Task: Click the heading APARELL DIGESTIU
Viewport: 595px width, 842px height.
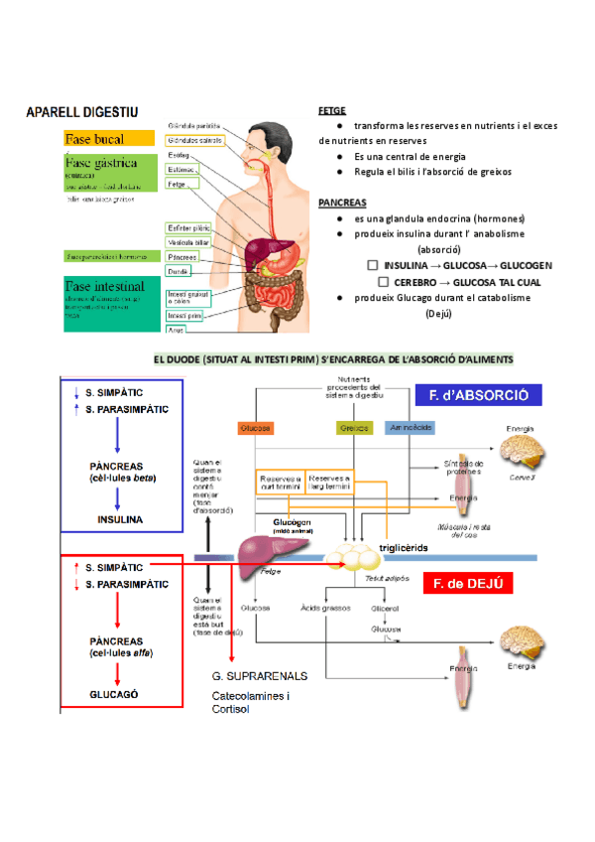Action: pyautogui.click(x=82, y=114)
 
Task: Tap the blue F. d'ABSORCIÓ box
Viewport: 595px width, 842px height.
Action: pyautogui.click(x=478, y=395)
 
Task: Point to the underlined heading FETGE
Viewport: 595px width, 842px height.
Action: pyautogui.click(x=331, y=111)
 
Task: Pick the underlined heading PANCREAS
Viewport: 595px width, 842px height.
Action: pyautogui.click(x=342, y=202)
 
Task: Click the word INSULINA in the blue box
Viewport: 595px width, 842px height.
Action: pyautogui.click(x=119, y=518)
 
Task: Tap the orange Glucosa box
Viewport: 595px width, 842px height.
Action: pyautogui.click(x=255, y=428)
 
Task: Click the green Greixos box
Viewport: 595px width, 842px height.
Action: pyautogui.click(x=347, y=428)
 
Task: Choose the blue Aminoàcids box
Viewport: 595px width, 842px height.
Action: pyautogui.click(x=410, y=428)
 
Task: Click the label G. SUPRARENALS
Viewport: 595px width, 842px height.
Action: pyautogui.click(x=259, y=676)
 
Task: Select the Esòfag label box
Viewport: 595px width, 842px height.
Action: pyautogui.click(x=180, y=155)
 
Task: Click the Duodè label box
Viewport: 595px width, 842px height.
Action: pyautogui.click(x=178, y=270)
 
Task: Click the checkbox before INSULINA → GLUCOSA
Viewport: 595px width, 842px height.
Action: pyautogui.click(x=372, y=266)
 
